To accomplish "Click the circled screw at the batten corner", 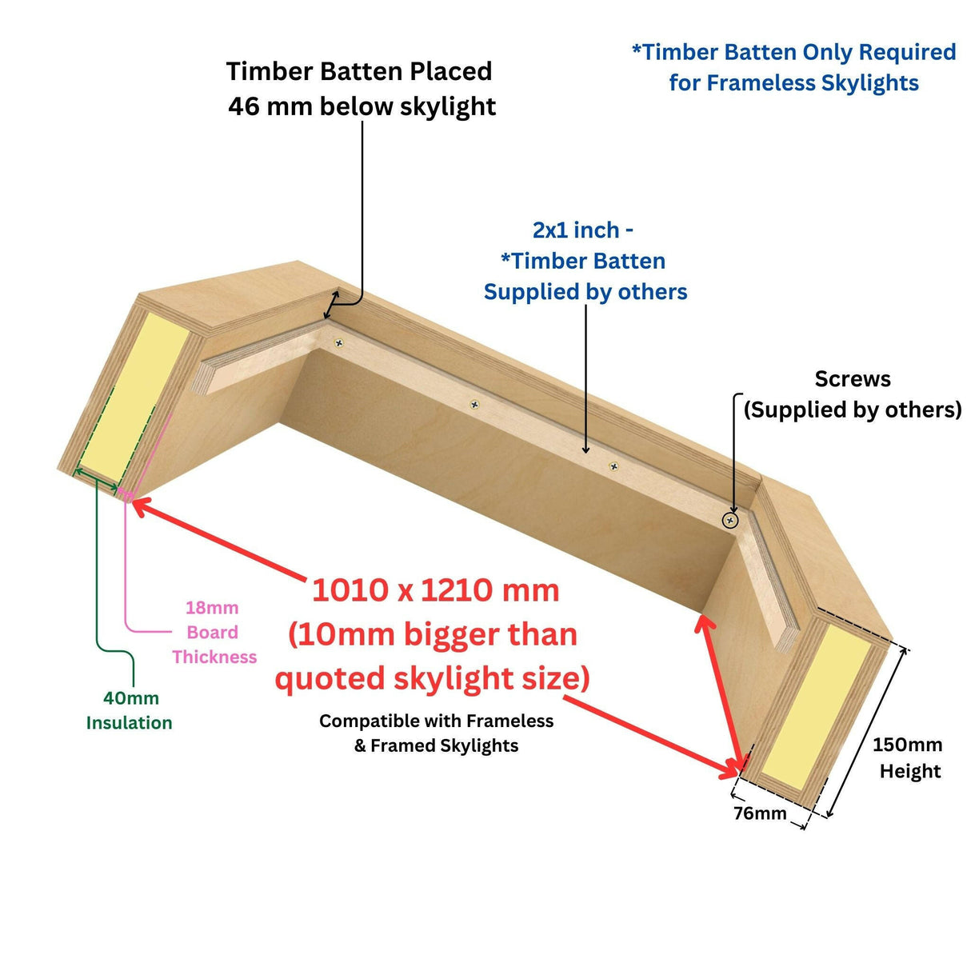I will pos(729,521).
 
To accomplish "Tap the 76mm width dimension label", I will pos(759,813).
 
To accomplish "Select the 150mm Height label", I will pos(907,757).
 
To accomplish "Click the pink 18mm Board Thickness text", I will pos(213,632).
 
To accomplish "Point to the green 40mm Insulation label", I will pos(129,710).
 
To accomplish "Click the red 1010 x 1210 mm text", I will pos(435,590).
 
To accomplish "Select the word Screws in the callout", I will pos(852,379).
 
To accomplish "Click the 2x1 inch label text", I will pos(582,230).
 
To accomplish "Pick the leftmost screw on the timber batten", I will pos(339,343).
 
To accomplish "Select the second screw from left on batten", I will pos(475,405).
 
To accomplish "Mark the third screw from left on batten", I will pos(613,466).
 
